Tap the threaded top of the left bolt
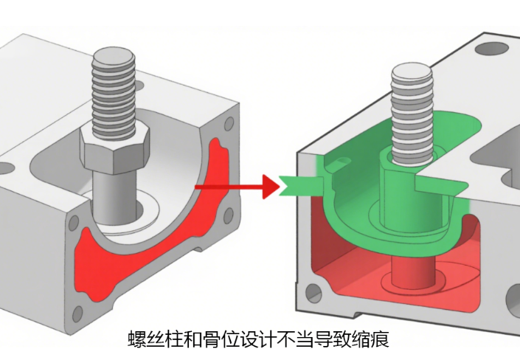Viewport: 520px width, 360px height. [114, 93]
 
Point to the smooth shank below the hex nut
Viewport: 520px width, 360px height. [115, 195]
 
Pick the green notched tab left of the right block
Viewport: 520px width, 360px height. [301, 186]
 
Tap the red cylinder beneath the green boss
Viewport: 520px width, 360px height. [413, 271]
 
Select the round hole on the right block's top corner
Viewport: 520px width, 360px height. [491, 49]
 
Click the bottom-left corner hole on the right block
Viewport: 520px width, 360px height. [313, 293]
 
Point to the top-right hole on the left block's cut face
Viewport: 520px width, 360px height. [229, 124]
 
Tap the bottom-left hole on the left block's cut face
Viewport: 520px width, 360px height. [77, 314]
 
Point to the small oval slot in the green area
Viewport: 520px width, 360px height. [342, 162]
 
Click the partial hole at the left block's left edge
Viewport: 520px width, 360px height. [7, 168]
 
